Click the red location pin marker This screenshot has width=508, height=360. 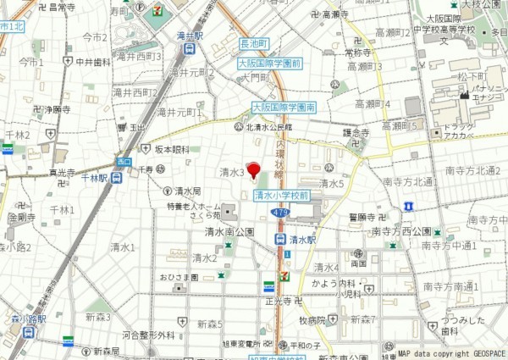[x=253, y=168]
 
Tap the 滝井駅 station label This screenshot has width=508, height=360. [x=189, y=37]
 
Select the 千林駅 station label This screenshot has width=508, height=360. [x=89, y=178]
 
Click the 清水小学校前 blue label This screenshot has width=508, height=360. [x=282, y=195]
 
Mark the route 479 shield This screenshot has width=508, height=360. [x=280, y=213]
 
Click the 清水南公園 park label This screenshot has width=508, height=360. [x=229, y=231]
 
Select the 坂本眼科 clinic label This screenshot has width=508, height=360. [x=171, y=150]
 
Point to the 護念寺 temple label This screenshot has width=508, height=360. [x=357, y=132]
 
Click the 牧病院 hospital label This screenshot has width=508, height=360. [x=311, y=320]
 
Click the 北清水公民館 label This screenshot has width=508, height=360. [x=268, y=127]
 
